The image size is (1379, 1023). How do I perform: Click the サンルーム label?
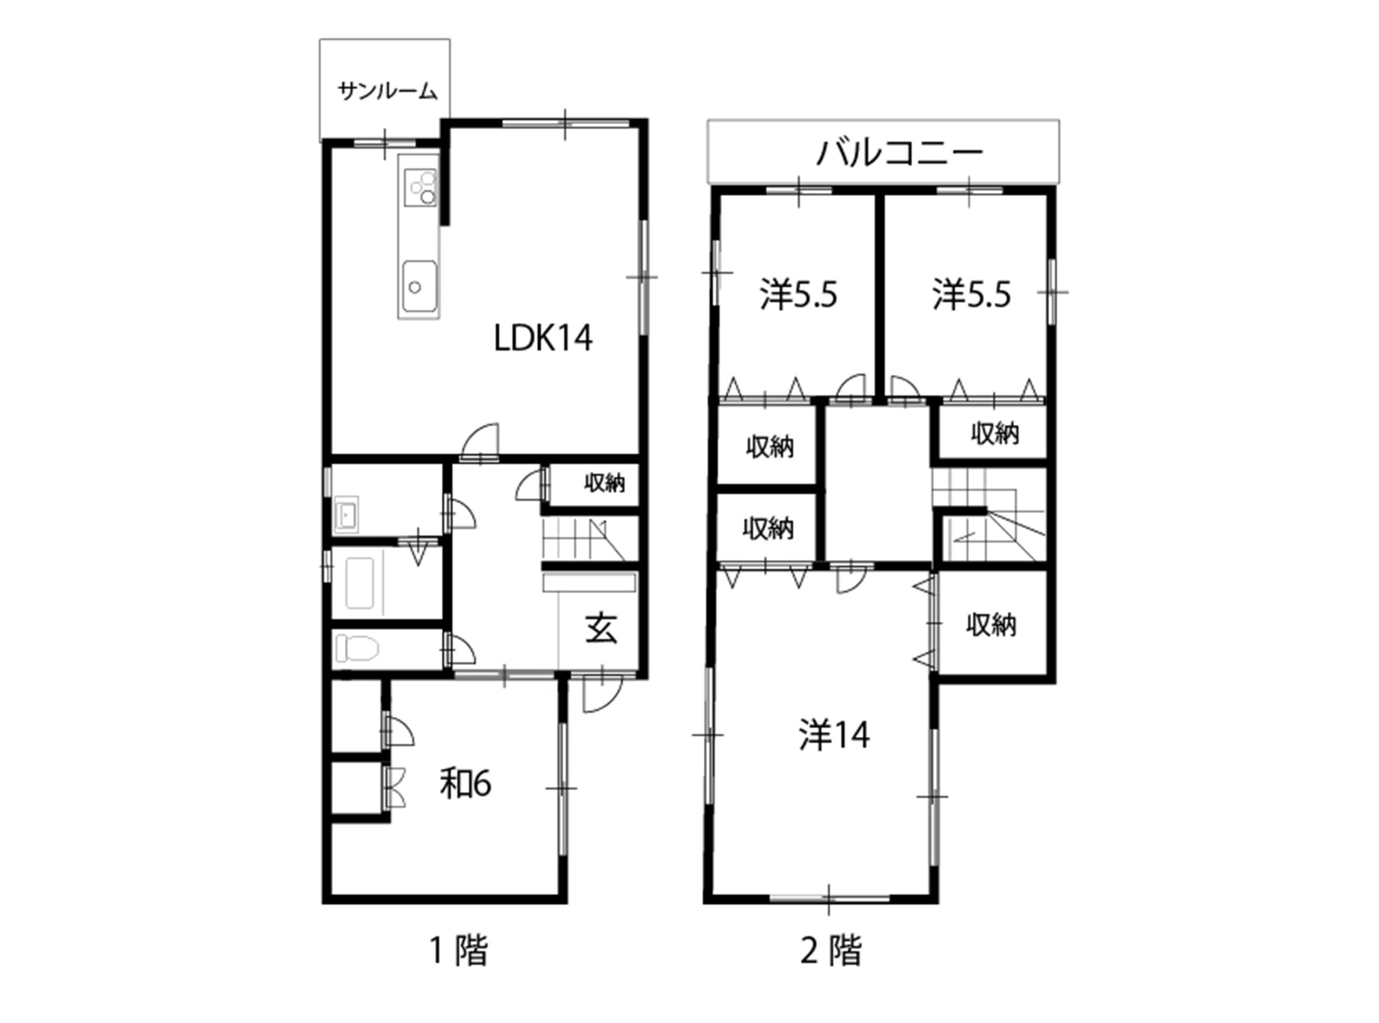[387, 92]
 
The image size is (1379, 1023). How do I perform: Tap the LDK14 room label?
[543, 338]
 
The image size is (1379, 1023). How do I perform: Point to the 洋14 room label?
[834, 735]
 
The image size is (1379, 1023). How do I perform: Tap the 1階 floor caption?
[459, 950]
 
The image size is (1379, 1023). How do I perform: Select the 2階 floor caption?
[831, 950]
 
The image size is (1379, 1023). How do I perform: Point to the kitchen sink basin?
[420, 287]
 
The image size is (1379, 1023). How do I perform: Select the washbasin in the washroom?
[346, 515]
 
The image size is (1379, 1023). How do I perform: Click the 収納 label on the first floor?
[605, 483]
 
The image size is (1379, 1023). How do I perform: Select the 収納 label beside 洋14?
[991, 625]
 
